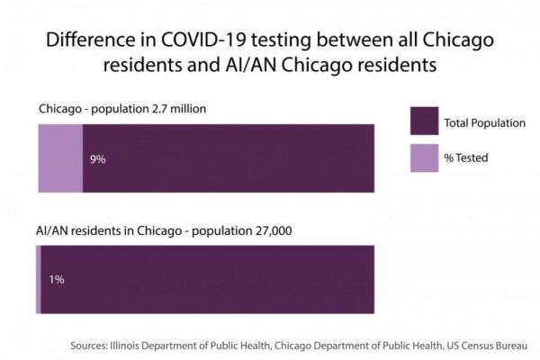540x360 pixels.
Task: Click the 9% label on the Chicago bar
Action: click(x=98, y=159)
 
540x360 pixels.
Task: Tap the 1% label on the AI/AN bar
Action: click(x=56, y=280)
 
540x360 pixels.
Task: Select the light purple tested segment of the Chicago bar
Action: click(x=59, y=157)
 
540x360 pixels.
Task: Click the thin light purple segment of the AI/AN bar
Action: click(x=38, y=279)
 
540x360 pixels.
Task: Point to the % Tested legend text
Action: click(x=466, y=158)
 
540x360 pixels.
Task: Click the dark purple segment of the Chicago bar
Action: click(x=229, y=157)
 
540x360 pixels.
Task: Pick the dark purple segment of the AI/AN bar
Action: click(x=207, y=279)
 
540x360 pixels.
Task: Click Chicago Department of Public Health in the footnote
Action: click(x=351, y=344)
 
